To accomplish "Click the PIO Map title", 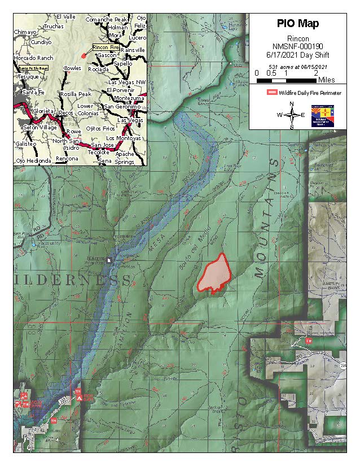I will [297, 24].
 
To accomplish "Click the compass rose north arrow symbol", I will [292, 115].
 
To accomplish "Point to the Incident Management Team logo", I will [318, 115].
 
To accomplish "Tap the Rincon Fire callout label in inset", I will [104, 48].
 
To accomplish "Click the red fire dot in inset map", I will [84, 56].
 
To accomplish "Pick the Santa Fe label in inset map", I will [32, 92].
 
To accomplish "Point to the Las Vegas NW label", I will [127, 82].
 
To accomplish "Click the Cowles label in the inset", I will [72, 68].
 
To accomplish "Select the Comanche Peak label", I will [106, 20].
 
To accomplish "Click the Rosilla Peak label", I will [76, 94].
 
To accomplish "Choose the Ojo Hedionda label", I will [33, 161].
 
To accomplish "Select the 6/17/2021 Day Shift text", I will [297, 56].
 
